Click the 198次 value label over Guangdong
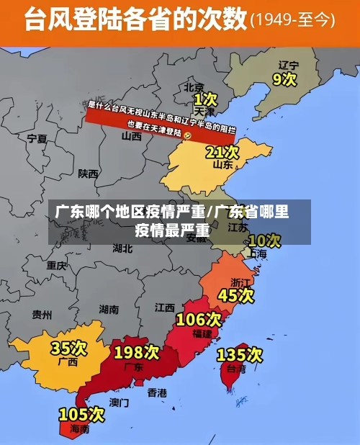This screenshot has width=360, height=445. tap(136, 352)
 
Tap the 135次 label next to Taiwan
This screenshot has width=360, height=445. tap(240, 354)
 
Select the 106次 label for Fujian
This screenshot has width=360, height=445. tap(199, 319)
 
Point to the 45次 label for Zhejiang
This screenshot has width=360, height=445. tap(236, 295)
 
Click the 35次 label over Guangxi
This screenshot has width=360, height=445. tap(68, 349)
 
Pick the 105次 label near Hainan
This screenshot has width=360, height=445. tap(81, 415)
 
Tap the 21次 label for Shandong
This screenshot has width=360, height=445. tap(222, 152)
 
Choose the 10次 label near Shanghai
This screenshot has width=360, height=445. tap(264, 240)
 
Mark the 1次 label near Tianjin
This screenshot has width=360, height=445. tap(205, 98)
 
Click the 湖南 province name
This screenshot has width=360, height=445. tap(109, 309)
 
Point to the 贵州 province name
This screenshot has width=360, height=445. tap(42, 315)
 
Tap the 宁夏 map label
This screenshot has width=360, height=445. tap(37, 138)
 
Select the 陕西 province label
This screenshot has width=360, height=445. tap(89, 174)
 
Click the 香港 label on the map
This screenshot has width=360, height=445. tap(157, 392)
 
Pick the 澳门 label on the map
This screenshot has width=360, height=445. tap(120, 402)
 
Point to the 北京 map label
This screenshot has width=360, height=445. tap(194, 86)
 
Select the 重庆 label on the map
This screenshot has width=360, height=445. tap(57, 265)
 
